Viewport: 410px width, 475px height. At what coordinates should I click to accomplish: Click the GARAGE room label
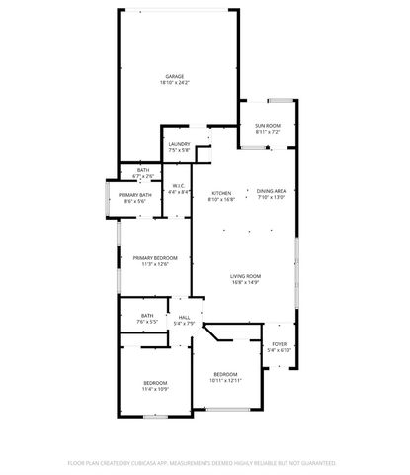(x=175, y=76)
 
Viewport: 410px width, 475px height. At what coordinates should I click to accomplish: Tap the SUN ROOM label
(x=268, y=125)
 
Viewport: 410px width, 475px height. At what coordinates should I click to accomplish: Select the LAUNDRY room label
(x=179, y=145)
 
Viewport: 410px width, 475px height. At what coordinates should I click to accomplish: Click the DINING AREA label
(x=271, y=191)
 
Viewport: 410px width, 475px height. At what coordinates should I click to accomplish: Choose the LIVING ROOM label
(x=245, y=276)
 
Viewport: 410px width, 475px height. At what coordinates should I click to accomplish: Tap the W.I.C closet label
(x=179, y=186)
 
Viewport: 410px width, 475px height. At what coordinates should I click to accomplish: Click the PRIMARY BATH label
(x=135, y=195)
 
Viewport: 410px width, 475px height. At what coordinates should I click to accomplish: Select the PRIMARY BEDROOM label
(x=155, y=258)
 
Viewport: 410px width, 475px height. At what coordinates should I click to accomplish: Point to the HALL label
(x=185, y=317)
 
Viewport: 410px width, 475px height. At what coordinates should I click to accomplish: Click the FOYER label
(x=280, y=344)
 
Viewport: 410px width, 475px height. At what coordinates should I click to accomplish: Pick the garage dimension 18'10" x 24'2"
(x=175, y=83)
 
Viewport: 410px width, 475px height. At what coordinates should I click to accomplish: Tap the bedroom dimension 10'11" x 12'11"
(x=225, y=380)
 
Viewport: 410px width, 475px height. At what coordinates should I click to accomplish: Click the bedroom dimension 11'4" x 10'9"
(x=154, y=389)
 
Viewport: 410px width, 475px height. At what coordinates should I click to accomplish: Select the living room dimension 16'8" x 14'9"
(x=245, y=283)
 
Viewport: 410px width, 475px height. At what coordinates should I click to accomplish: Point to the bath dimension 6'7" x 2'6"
(x=142, y=176)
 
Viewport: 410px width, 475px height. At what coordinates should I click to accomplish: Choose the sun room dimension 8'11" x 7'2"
(x=268, y=131)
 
